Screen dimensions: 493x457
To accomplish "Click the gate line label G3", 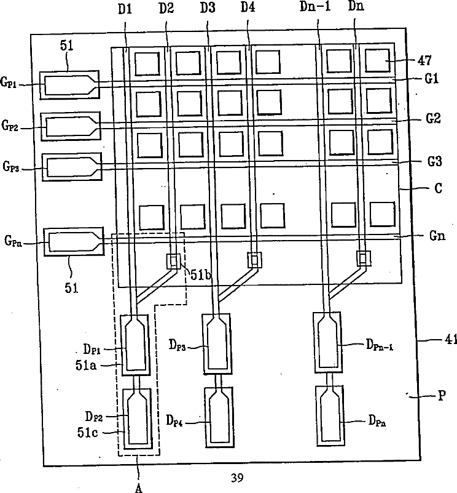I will point(417,162).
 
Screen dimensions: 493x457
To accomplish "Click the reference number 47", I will point(424,60).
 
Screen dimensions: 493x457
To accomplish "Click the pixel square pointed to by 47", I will point(378,60).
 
